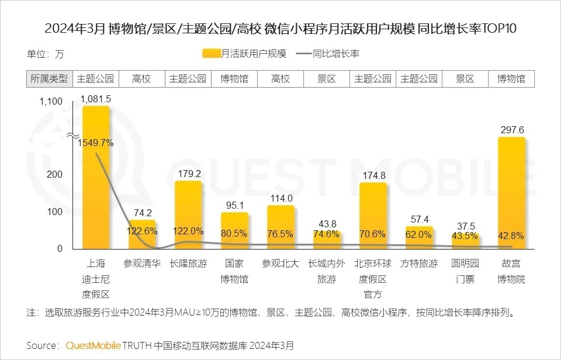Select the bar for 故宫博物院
511,193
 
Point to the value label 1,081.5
96,99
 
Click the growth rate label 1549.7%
95,143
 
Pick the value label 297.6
511,130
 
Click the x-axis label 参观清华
142,264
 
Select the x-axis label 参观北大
280,264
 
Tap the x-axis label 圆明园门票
465,271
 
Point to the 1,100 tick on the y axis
50,102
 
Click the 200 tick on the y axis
55,174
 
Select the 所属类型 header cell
49,79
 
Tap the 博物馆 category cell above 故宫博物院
511,79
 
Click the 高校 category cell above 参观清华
142,79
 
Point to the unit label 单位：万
45,54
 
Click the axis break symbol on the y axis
72,136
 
